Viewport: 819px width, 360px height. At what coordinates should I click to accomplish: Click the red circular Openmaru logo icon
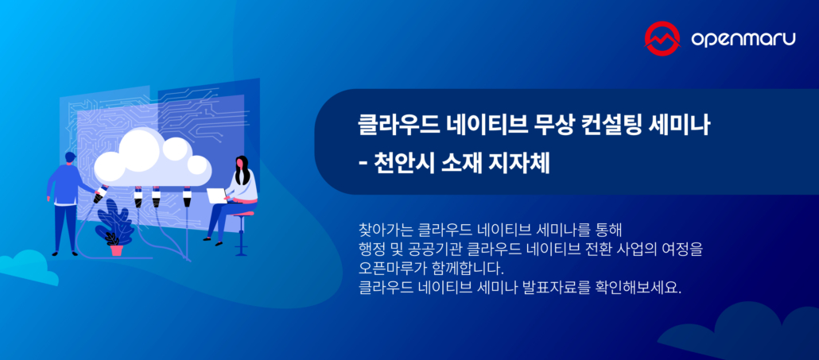pyautogui.click(x=664, y=39)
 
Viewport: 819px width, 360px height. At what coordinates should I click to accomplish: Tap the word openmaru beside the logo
pyautogui.click(x=741, y=39)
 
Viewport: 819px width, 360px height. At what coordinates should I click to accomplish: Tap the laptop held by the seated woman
pyautogui.click(x=216, y=195)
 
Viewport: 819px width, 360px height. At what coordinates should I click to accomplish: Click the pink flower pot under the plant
pyautogui.click(x=117, y=249)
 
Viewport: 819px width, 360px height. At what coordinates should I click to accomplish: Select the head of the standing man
pyautogui.click(x=70, y=158)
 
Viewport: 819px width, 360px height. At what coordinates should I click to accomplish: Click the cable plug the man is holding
pyautogui.click(x=100, y=195)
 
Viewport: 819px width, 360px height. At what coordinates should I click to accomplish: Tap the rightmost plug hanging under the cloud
pyautogui.click(x=187, y=197)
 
